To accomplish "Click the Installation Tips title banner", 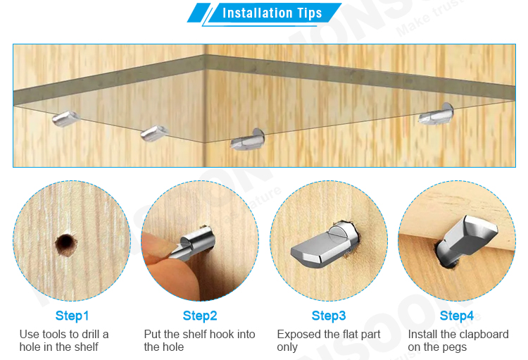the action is (265, 13).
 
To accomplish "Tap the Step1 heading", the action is (72, 316).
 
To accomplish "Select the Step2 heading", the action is (200, 316).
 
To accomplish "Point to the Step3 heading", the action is (329, 316).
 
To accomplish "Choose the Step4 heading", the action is (457, 316).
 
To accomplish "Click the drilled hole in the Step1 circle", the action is (66, 244).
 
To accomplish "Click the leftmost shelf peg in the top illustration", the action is (65, 118).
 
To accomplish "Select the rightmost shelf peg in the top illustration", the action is (436, 115).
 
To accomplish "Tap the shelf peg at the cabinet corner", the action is (248, 139).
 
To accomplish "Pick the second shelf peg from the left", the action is (154, 133).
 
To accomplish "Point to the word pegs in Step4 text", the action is (455, 347).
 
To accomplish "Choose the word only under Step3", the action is (287, 347).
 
